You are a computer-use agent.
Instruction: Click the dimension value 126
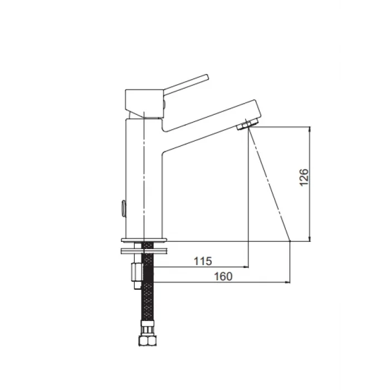coord(304,177)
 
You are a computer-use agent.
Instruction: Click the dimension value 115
coord(203,261)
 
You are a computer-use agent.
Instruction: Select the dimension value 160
coord(223,276)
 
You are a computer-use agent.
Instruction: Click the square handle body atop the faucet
coord(144,104)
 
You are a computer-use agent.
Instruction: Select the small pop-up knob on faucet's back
coord(123,208)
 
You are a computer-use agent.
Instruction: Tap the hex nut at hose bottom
coord(148,340)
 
